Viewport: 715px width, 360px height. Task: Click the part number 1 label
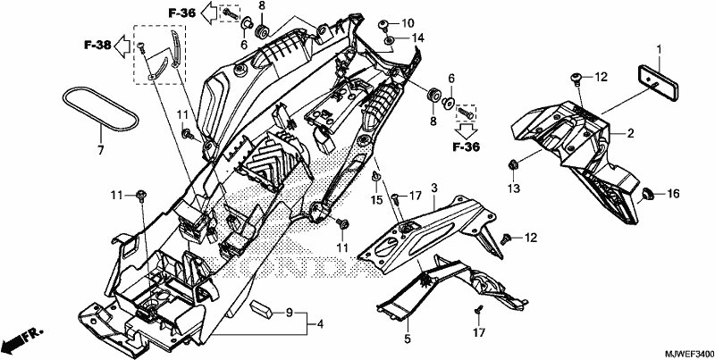pyautogui.click(x=659, y=48)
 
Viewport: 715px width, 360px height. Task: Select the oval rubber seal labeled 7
pyautogui.click(x=100, y=109)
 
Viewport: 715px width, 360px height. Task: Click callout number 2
pyautogui.click(x=630, y=133)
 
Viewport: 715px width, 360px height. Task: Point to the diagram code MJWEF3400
pyautogui.click(x=688, y=354)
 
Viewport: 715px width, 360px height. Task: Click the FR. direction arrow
pyautogui.click(x=21, y=338)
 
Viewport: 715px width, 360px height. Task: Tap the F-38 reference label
pyautogui.click(x=97, y=45)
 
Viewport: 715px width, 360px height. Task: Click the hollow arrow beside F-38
pyautogui.click(x=122, y=46)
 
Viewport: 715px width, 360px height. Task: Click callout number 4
pyautogui.click(x=321, y=324)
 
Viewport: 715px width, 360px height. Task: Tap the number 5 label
pyautogui.click(x=408, y=339)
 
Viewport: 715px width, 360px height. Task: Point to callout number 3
pyautogui.click(x=434, y=188)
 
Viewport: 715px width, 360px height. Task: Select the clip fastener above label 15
pyautogui.click(x=375, y=176)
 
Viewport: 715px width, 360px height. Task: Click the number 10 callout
pyautogui.click(x=408, y=23)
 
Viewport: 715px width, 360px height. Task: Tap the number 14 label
pyautogui.click(x=417, y=38)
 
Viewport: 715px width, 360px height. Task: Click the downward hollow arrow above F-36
pyautogui.click(x=466, y=130)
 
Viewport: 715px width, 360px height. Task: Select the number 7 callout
pyautogui.click(x=100, y=149)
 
